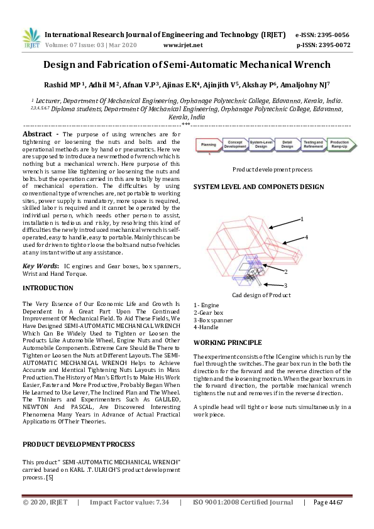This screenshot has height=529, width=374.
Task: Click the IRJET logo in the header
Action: click(x=31, y=40)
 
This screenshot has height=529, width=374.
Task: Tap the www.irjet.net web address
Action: click(x=182, y=45)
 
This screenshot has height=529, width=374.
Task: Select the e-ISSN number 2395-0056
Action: click(x=331, y=35)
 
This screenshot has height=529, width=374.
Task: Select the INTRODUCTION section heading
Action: click(x=48, y=288)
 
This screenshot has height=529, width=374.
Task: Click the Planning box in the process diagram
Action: click(x=209, y=145)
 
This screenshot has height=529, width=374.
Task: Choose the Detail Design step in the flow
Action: click(x=287, y=145)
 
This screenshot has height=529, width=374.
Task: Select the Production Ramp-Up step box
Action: click(x=339, y=145)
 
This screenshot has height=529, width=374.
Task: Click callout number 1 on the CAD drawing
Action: click(x=302, y=219)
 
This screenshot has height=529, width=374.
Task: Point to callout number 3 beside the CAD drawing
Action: click(x=285, y=285)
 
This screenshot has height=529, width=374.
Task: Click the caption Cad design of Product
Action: click(x=261, y=295)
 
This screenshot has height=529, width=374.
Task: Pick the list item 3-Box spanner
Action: click(x=213, y=320)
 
